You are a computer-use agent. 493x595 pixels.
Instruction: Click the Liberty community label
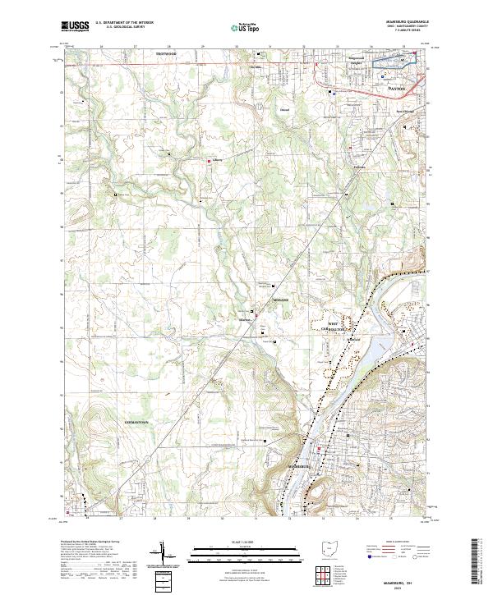218,160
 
